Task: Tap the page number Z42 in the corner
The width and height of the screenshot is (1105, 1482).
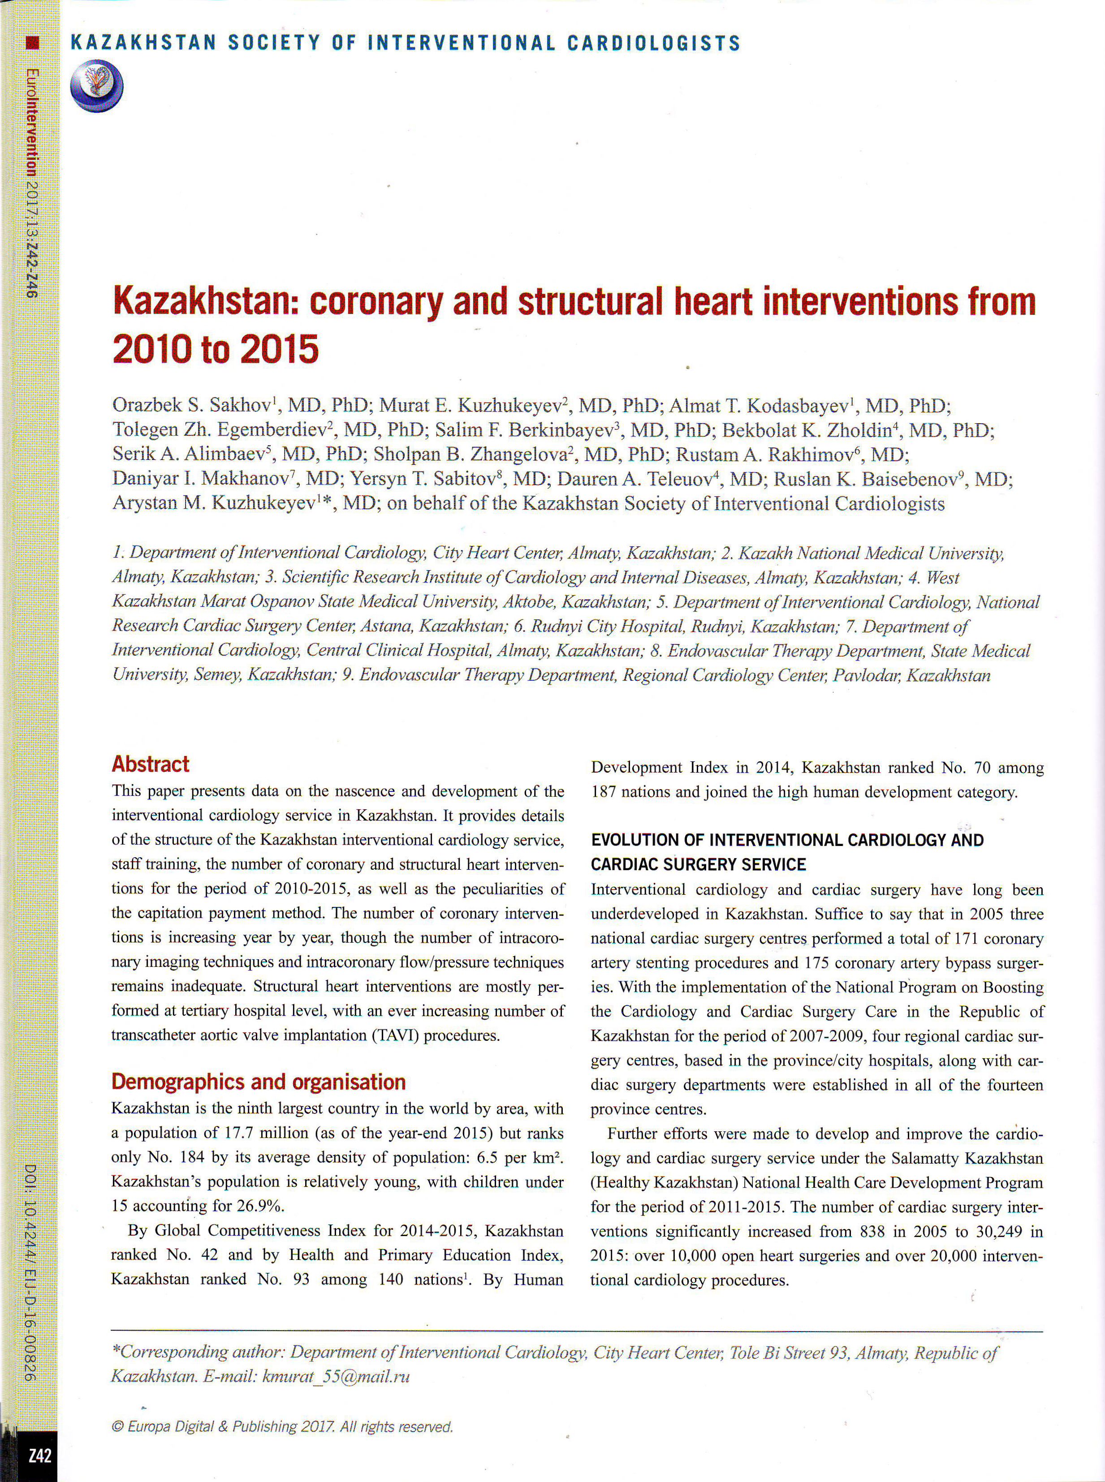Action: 39,1455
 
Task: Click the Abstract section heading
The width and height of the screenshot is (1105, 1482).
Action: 151,764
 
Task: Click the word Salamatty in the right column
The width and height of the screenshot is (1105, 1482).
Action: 921,1158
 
